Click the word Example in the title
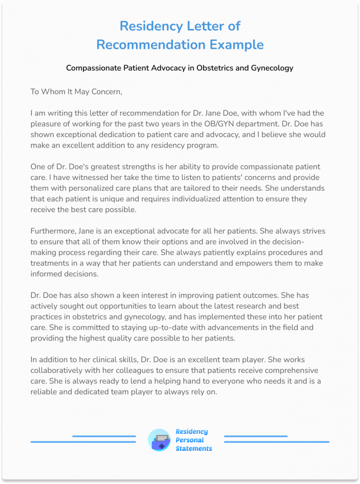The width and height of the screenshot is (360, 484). (x=237, y=45)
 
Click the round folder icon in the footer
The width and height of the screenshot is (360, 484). (x=159, y=440)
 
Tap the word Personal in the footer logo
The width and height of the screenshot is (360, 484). (x=190, y=440)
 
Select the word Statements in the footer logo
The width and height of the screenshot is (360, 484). (x=194, y=448)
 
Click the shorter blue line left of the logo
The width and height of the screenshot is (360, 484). (x=104, y=436)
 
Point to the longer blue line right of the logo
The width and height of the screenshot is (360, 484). (x=277, y=442)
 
